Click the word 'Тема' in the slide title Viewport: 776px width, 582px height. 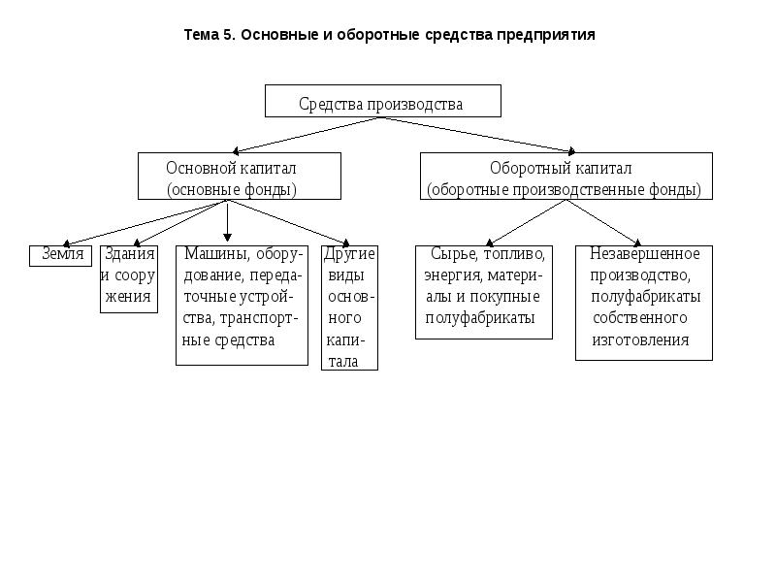[204, 35]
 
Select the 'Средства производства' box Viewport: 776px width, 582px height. [383, 101]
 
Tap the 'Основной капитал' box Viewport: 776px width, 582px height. [240, 176]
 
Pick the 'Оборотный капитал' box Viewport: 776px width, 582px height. [566, 176]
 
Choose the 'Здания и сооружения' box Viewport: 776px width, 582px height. [128, 278]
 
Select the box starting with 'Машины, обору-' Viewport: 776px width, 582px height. [242, 305]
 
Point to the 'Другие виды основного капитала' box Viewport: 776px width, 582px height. [349, 307]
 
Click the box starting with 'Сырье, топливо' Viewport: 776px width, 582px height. [484, 291]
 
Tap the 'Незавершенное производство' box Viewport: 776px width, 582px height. [644, 302]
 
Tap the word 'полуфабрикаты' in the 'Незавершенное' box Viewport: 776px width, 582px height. [645, 297]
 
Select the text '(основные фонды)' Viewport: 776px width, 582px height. [232, 189]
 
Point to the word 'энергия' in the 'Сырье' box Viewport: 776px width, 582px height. [449, 275]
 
